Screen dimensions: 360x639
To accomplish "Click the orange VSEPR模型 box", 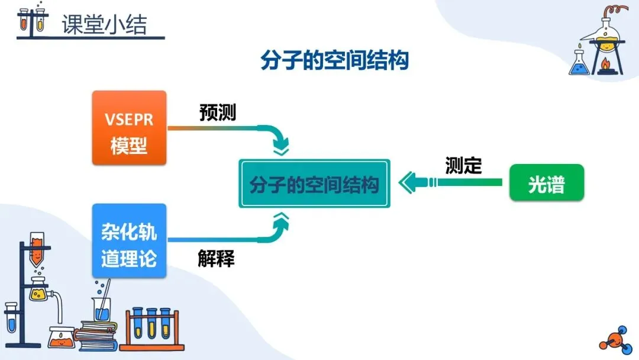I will click(129, 127).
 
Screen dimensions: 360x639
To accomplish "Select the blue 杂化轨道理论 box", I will click(129, 240).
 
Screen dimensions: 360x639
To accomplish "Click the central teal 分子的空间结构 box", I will click(314, 184).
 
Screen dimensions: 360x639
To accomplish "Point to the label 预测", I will click(217, 113).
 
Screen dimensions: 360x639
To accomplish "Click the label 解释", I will click(216, 259).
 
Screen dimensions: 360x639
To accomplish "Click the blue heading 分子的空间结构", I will click(335, 60).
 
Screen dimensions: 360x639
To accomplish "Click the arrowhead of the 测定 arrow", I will click(407, 182).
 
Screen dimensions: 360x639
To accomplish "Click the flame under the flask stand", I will click(606, 62).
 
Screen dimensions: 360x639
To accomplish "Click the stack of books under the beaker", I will click(98, 335).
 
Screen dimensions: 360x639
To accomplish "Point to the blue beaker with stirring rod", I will click(101, 308).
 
